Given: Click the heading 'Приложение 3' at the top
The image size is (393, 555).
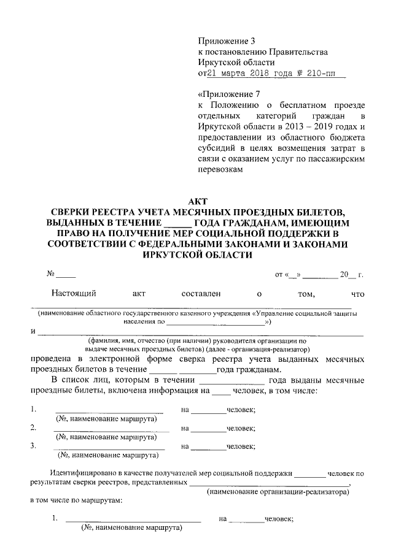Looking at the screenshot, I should click(x=225, y=41).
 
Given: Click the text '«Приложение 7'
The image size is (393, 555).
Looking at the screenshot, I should click(x=225, y=94).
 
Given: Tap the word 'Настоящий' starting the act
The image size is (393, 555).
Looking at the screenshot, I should click(x=74, y=294).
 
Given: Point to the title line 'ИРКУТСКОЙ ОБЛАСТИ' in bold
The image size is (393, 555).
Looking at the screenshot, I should click(x=196, y=255).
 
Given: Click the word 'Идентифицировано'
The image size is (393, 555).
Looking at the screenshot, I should click(x=85, y=474).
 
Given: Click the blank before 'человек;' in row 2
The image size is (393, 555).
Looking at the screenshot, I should click(x=208, y=429).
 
